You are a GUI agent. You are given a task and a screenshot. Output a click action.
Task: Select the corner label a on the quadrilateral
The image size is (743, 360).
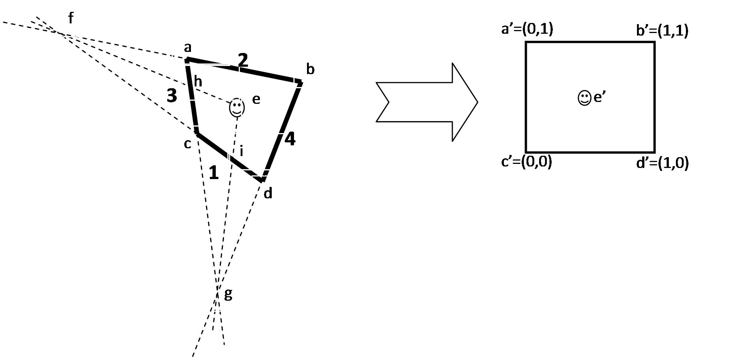click(x=188, y=48)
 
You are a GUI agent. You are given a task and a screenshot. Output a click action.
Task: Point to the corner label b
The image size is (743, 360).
click(x=310, y=69)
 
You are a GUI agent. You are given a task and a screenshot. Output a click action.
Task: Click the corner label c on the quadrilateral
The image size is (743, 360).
click(x=188, y=144)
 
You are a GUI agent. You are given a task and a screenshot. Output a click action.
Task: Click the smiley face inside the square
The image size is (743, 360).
click(x=584, y=98)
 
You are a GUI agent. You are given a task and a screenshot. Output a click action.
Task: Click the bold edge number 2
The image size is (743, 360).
click(x=242, y=60)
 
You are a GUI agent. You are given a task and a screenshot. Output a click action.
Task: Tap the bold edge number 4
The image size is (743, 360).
click(x=290, y=139)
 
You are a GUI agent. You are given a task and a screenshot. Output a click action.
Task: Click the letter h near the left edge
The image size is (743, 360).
click(x=198, y=82)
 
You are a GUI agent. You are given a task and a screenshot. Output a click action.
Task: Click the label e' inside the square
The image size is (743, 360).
click(x=600, y=98)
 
